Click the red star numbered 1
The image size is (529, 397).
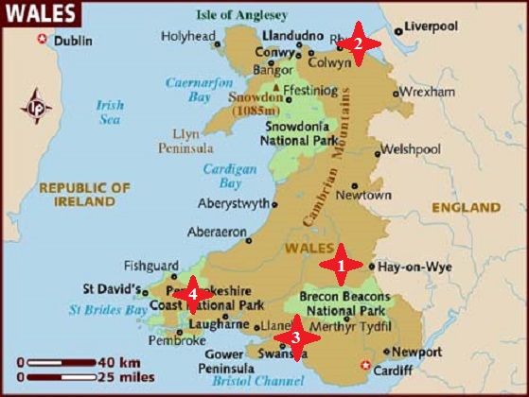tap(341, 266)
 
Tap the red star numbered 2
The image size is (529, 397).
tap(359, 43)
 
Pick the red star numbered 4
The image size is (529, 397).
tap(192, 293)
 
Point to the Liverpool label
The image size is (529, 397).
tap(432, 26)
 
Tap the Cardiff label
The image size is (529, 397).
tap(394, 371)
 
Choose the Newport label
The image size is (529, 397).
tap(416, 352)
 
